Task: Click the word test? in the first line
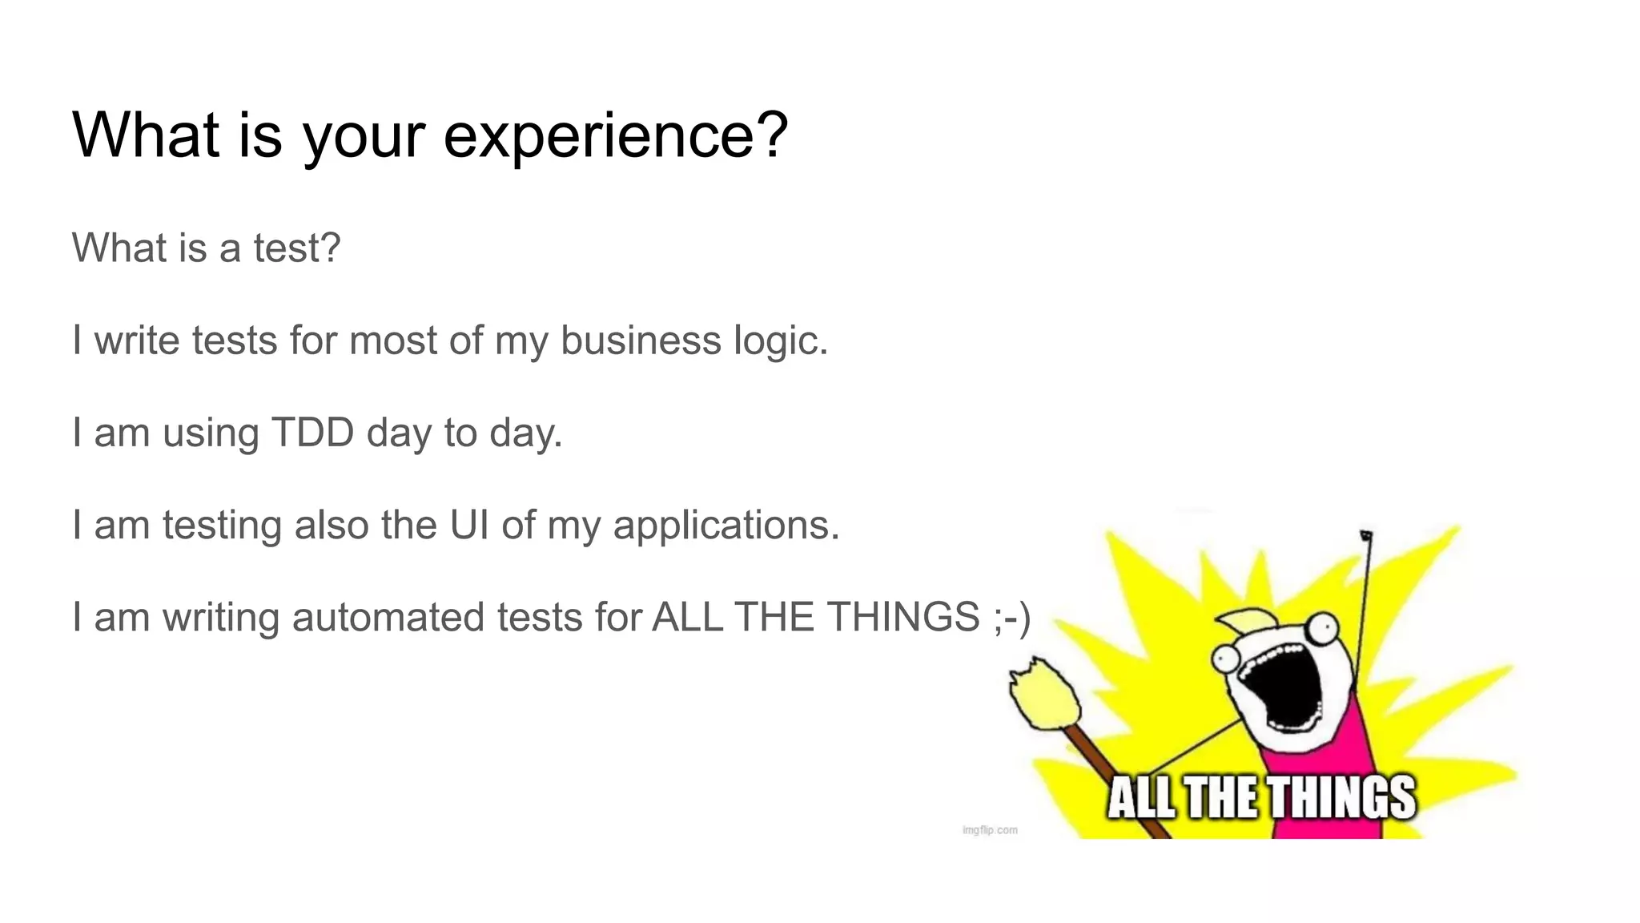[x=297, y=248]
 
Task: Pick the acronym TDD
[x=312, y=433]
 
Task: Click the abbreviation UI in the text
[x=469, y=526]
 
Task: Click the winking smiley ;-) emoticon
[x=1011, y=618]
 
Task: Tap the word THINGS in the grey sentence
[x=903, y=617]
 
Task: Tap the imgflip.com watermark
[x=990, y=830]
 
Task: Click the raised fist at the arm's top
[x=1366, y=536]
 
